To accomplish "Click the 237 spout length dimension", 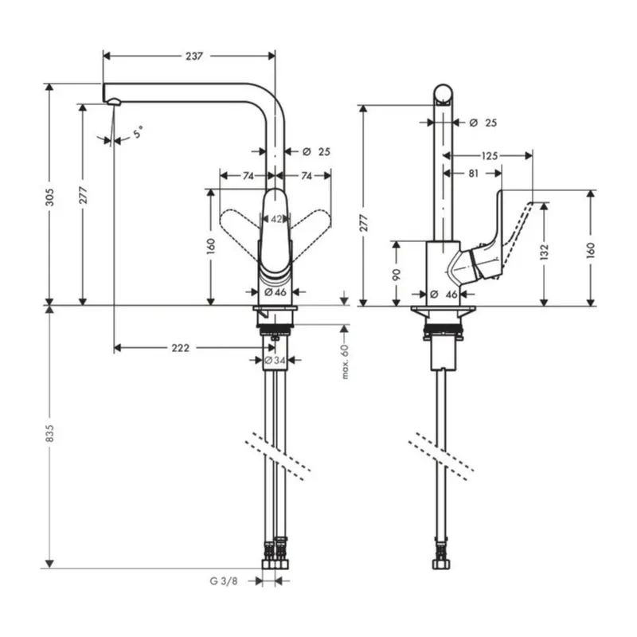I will click(x=194, y=56).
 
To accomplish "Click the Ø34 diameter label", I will click(x=275, y=361).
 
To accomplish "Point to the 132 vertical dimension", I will click(x=544, y=252).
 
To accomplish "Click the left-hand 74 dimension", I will click(x=248, y=175).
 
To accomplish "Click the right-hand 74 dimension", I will click(x=305, y=175).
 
